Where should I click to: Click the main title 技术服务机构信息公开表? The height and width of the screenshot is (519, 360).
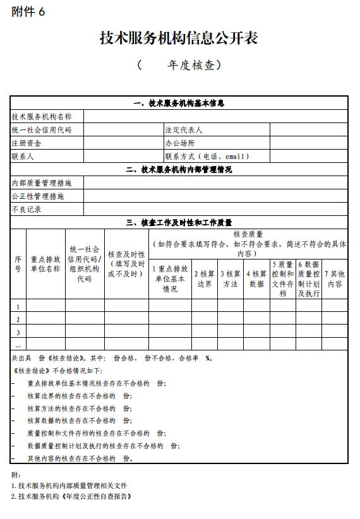[179, 38]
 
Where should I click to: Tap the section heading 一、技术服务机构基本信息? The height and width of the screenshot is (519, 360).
[179, 103]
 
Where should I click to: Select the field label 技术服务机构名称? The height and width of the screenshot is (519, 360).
[42, 116]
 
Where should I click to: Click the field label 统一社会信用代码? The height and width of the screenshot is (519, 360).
[42, 129]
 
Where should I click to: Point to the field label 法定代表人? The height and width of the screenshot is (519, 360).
[184, 129]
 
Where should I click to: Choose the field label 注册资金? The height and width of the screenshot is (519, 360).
[27, 143]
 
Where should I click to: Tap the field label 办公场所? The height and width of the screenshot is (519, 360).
[180, 143]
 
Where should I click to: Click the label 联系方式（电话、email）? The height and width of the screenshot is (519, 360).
[208, 156]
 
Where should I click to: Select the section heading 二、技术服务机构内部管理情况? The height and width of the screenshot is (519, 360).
[179, 169]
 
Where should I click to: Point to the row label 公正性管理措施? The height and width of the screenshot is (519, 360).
[38, 196]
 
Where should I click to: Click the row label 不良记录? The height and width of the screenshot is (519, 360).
[27, 209]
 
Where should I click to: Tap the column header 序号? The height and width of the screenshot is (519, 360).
[18, 263]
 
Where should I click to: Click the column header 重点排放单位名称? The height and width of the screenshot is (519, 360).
[45, 263]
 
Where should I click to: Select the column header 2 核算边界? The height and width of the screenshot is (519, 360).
[204, 278]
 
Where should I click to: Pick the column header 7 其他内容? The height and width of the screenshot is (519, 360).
[335, 278]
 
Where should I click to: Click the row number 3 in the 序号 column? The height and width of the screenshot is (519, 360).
[18, 332]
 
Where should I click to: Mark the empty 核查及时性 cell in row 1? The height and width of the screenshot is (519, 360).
[126, 306]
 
